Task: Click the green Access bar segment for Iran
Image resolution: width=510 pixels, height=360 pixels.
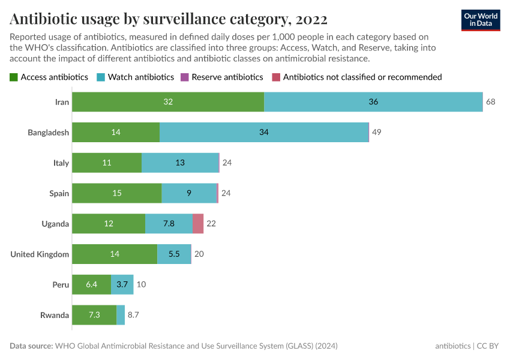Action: tap(168, 102)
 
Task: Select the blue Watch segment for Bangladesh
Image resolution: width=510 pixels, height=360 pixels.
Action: tap(264, 132)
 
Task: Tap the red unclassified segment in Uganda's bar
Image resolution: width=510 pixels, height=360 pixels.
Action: tap(198, 224)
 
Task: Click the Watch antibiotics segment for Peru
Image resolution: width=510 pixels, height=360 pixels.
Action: tap(122, 284)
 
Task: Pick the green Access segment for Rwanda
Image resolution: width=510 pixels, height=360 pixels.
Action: tap(94, 315)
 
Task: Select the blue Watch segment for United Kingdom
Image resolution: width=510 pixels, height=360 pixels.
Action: tap(174, 254)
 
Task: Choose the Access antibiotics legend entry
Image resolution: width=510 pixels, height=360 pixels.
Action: tap(49, 77)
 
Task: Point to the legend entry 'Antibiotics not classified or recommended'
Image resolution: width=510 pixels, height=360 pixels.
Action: tap(357, 77)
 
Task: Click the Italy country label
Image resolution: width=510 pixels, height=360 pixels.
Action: tap(61, 163)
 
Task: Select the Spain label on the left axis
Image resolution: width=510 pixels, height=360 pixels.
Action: tap(59, 193)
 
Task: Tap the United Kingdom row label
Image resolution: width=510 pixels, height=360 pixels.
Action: tap(40, 254)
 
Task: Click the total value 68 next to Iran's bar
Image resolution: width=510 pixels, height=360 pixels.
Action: tap(491, 102)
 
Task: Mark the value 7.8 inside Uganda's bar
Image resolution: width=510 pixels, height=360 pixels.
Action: tap(169, 224)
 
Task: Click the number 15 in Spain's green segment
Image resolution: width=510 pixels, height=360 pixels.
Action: tap(117, 193)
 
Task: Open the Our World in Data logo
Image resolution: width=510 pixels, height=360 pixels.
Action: tap(481, 19)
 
